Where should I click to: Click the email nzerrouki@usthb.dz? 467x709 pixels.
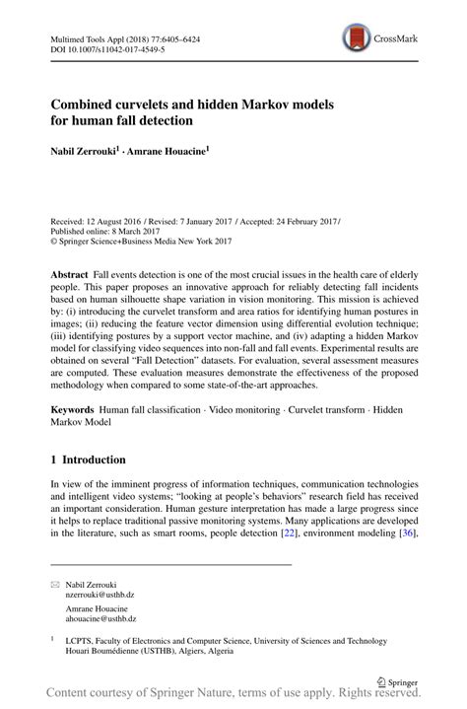pos(101,596)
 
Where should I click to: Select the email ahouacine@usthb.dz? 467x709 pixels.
pos(101,618)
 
